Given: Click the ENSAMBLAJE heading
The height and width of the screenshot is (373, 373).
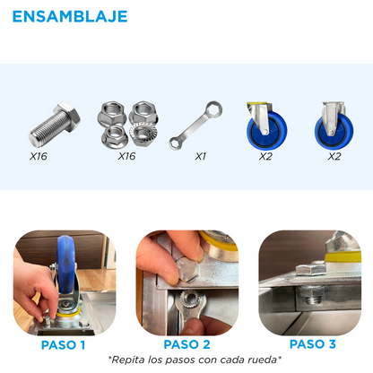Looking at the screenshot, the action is tap(70, 16).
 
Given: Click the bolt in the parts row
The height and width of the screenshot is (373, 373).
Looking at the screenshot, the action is tap(55, 124).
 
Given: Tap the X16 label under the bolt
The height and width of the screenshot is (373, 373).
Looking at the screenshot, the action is tap(39, 156).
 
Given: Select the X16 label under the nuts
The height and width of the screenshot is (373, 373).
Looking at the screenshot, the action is tap(126, 156).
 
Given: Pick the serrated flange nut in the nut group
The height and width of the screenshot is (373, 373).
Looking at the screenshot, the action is tap(144, 135).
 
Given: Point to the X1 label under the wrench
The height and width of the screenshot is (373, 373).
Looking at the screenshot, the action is tap(201, 156).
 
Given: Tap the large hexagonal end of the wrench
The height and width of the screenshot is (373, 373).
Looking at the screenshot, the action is tap(213, 110).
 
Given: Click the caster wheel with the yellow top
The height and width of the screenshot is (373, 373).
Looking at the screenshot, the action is tap(266, 126).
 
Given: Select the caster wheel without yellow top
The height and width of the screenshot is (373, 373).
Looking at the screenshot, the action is tap(334, 126).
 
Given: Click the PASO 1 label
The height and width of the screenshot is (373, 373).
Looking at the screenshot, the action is tap(63, 345).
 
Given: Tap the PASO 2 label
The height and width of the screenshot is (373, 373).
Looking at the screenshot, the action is tap(186, 344).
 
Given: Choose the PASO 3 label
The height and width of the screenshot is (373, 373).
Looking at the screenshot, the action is tap(313, 344).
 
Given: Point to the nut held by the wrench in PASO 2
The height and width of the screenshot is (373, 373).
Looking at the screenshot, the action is tap(189, 298).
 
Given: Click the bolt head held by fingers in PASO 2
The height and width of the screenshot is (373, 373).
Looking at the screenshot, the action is tap(187, 270).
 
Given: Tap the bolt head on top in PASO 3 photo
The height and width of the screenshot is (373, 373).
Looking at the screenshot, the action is tap(311, 269).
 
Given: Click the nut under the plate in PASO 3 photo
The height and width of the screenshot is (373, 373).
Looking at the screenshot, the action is tap(311, 293).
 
